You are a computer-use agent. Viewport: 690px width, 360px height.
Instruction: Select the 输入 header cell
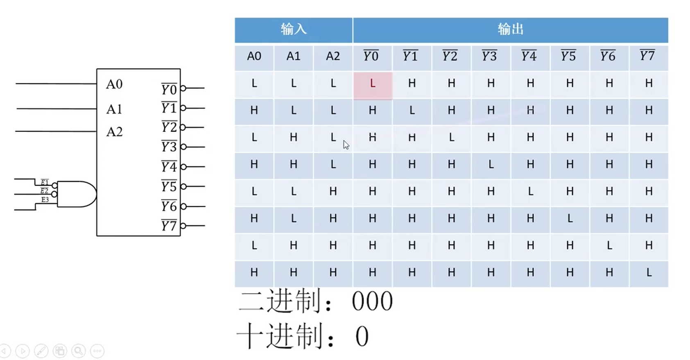click(293, 29)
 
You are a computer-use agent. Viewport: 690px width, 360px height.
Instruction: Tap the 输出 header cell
click(510, 29)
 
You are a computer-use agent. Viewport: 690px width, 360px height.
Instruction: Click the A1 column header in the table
click(293, 57)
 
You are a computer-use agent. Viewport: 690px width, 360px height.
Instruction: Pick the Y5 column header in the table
click(569, 57)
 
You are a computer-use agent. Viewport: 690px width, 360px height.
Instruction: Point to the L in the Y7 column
click(649, 273)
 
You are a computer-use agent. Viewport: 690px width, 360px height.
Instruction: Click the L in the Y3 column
click(491, 165)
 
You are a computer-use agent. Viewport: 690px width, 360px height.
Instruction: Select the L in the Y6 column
click(609, 246)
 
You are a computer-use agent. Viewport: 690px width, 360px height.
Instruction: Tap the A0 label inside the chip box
click(114, 84)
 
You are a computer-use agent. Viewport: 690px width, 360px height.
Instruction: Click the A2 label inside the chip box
click(114, 132)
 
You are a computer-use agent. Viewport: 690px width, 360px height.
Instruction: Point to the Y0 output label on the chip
click(169, 89)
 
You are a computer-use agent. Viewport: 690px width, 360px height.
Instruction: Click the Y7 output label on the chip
click(169, 225)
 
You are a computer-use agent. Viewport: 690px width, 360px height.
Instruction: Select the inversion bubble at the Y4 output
click(183, 167)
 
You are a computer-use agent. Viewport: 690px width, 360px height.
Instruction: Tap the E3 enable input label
click(45, 200)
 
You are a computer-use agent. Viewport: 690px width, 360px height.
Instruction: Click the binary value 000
click(372, 302)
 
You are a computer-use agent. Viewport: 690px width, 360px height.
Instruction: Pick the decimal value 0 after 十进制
click(362, 337)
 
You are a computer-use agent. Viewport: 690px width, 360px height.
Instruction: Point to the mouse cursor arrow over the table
click(346, 145)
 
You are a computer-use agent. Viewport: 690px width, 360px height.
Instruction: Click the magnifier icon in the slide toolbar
click(78, 351)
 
